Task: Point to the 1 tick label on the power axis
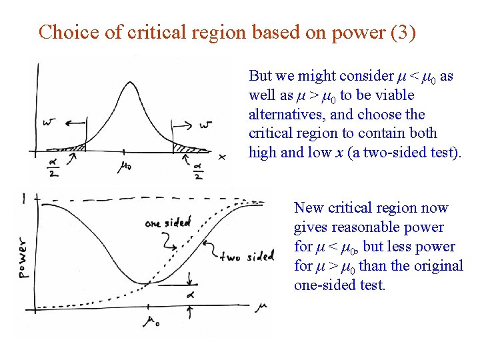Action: pos(24,198)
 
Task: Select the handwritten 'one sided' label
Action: pos(167,223)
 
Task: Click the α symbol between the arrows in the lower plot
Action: pos(190,293)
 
